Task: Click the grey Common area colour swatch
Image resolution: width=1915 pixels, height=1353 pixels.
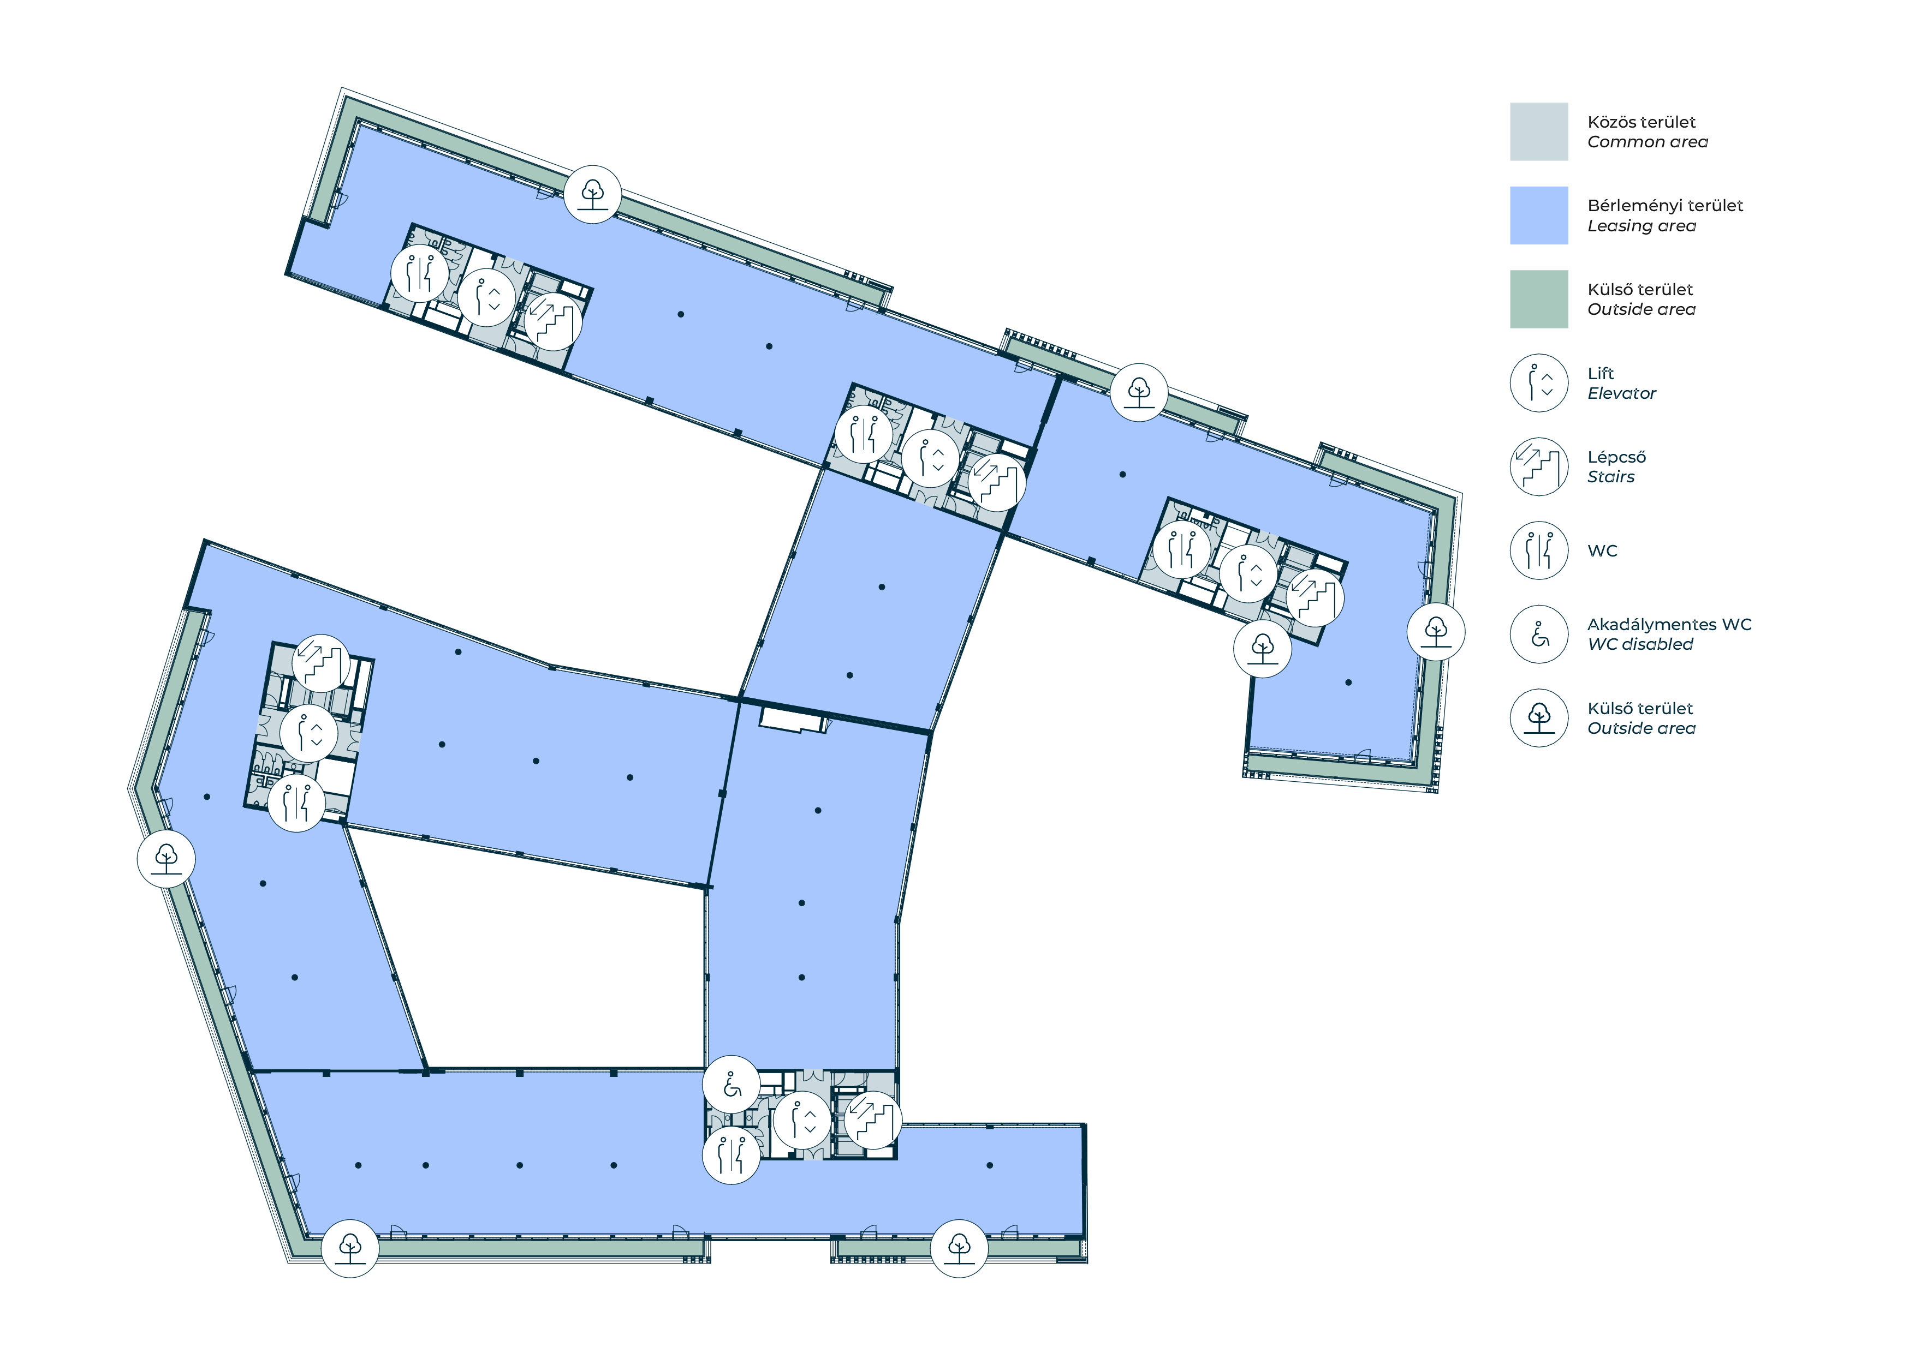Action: coord(1539,131)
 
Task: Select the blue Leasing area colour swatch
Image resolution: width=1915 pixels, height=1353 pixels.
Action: coord(1539,215)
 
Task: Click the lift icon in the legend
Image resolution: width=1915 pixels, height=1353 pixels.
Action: coord(1539,382)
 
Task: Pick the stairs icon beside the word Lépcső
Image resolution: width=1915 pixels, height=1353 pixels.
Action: coord(1539,467)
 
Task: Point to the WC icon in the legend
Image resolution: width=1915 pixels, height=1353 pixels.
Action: coord(1539,550)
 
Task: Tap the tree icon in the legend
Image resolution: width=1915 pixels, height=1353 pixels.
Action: coord(1539,718)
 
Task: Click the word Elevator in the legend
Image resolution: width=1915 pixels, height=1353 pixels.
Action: coord(1621,393)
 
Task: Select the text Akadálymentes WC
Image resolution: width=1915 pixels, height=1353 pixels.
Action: coord(1669,624)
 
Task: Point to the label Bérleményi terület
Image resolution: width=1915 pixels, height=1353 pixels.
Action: coord(1665,205)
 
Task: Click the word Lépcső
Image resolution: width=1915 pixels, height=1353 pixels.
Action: coord(1616,457)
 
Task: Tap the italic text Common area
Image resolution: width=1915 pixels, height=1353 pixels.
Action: coord(1648,142)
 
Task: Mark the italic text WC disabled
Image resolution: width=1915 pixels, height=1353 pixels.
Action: coord(1640,644)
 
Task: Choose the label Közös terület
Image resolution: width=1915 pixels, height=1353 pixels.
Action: coord(1642,122)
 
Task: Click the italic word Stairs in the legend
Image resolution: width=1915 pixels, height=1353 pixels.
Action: coord(1610,477)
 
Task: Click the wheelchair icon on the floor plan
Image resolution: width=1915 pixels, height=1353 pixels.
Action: coord(731,1085)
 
